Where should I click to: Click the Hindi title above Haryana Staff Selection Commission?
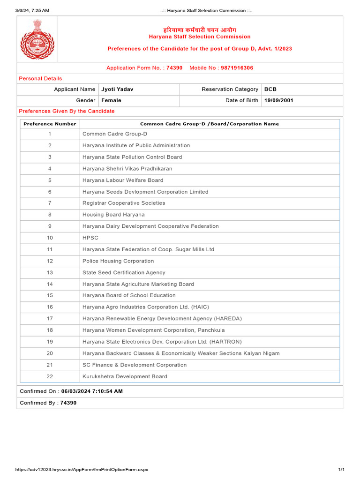coord(199,30)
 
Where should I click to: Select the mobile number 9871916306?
coord(237,68)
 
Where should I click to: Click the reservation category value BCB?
coord(270,89)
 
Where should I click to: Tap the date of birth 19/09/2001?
coord(279,100)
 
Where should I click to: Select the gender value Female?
coord(111,100)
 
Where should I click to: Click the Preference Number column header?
coord(50,124)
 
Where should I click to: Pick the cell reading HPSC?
coord(90,238)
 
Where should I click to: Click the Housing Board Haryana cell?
coord(113,215)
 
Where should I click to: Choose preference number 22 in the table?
coord(50,376)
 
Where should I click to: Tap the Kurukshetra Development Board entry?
coord(125,376)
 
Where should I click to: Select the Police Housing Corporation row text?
coord(118,261)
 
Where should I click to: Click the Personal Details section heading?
coord(40,78)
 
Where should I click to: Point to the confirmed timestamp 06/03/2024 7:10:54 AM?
coord(92,391)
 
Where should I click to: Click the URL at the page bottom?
coord(82,470)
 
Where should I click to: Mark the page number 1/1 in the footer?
coord(341,470)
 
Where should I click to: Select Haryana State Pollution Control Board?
coord(132,157)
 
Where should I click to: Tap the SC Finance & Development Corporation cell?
coord(135,365)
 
